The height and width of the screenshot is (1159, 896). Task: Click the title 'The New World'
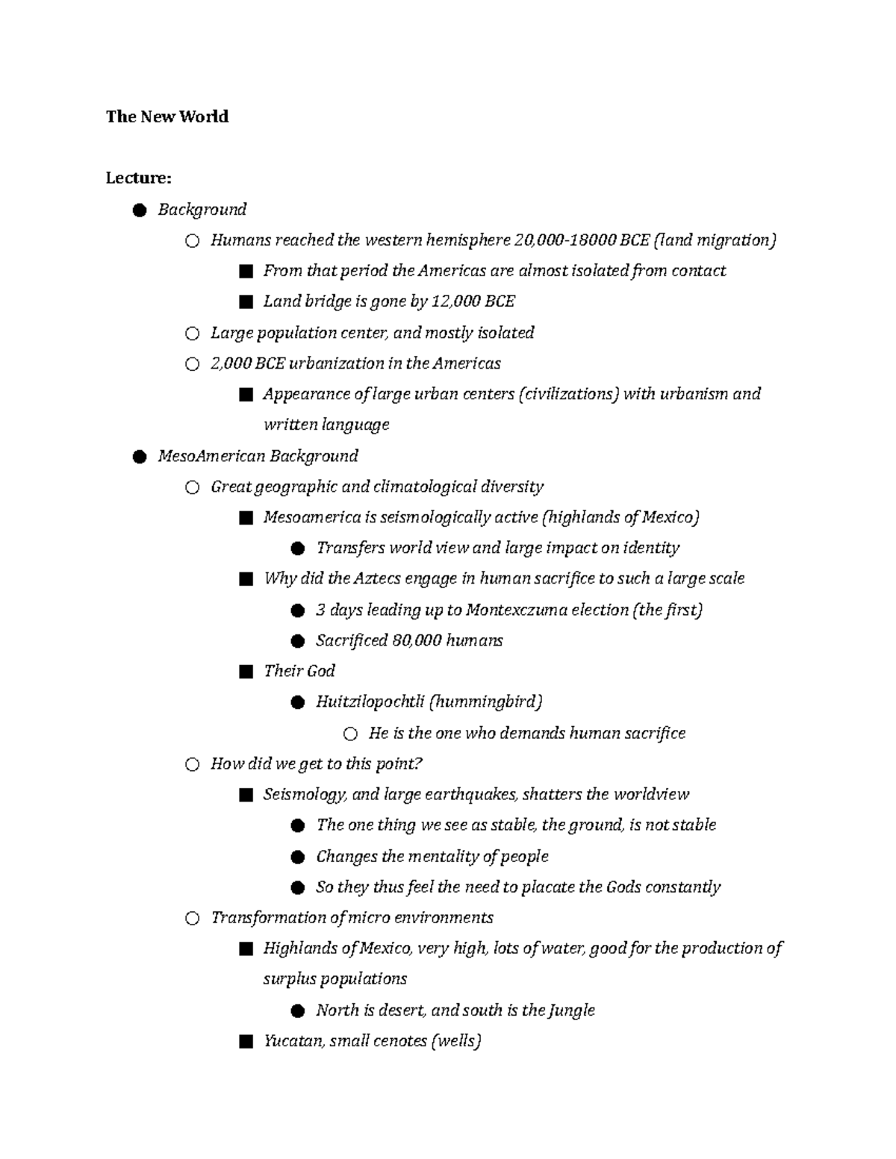pyautogui.click(x=167, y=116)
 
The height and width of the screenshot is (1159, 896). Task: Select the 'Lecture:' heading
pyautogui.click(x=138, y=178)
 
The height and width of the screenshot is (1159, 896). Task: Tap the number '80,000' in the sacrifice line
pyautogui.click(x=416, y=640)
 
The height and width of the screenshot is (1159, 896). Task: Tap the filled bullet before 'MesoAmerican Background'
pyautogui.click(x=139, y=457)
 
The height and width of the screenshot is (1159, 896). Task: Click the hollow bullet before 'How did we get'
pyautogui.click(x=192, y=764)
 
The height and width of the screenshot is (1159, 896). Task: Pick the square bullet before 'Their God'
pyautogui.click(x=246, y=672)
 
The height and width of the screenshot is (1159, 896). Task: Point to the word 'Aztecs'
pyautogui.click(x=377, y=578)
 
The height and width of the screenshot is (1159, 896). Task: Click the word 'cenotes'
pyautogui.click(x=396, y=1040)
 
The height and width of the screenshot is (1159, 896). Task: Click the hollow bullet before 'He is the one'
pyautogui.click(x=350, y=734)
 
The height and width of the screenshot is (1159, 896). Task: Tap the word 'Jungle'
pyautogui.click(x=571, y=1010)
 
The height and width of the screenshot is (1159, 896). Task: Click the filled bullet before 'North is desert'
pyautogui.click(x=298, y=1010)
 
